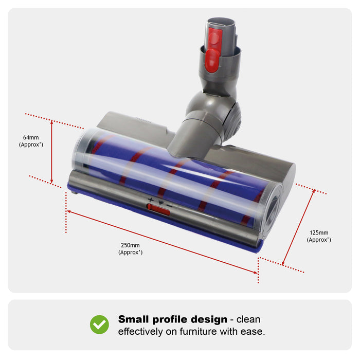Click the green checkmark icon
99,325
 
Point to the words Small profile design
173,319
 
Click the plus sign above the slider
151,199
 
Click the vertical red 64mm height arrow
52,151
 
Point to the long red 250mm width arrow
162,241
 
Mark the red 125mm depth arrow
298,227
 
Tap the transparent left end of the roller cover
82,152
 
